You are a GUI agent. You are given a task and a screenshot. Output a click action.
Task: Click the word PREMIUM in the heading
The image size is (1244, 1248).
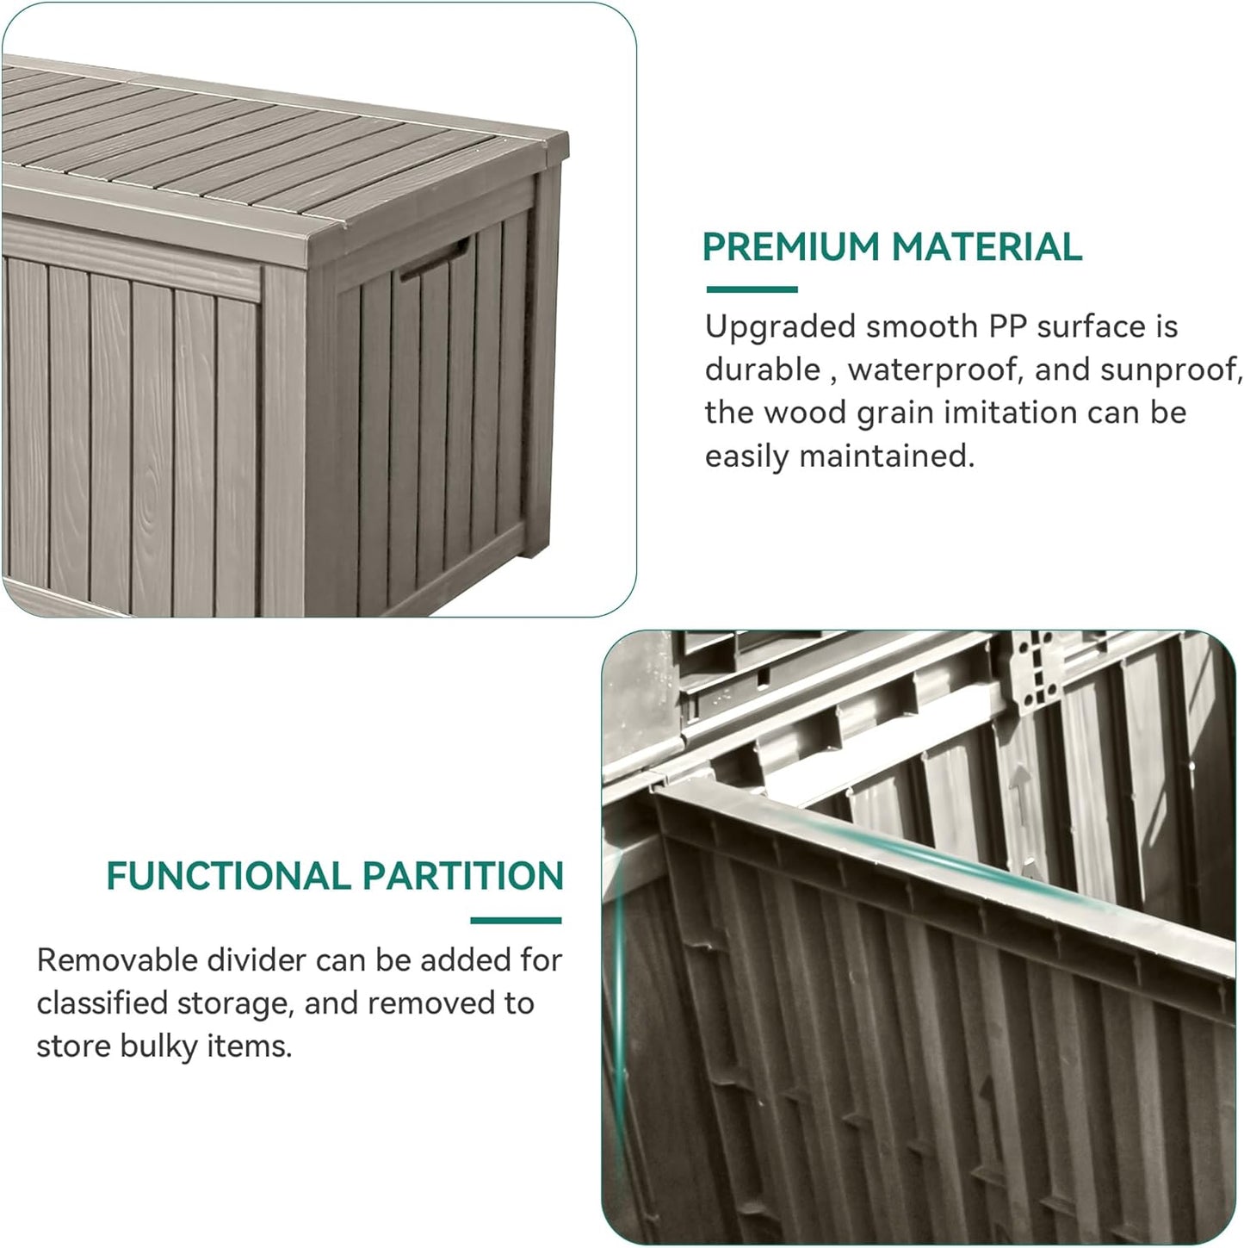point(791,247)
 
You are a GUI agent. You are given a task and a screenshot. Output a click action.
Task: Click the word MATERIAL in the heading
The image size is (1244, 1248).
point(987,247)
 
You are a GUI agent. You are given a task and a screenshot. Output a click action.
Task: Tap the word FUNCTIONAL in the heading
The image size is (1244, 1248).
point(227,876)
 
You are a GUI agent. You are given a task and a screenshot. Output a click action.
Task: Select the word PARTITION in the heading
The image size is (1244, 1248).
point(463,876)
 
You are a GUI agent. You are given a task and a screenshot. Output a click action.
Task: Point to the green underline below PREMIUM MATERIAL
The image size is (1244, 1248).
point(752,289)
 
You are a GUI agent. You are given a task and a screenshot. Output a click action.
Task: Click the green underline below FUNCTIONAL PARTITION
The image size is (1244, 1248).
point(516,920)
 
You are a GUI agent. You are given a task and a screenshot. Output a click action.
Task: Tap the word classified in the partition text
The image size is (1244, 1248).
point(102,1003)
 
